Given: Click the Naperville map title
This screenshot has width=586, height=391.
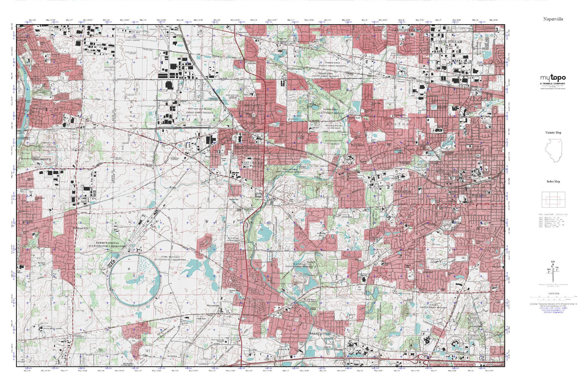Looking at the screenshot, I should click(553, 19).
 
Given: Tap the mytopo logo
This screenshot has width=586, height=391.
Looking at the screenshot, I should click(553, 78).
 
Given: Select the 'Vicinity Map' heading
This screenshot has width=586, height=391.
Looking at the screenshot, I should click(553, 133).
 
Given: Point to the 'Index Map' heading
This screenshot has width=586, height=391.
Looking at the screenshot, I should click(553, 181).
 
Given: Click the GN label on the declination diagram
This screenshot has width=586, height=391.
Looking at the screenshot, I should click(552, 262).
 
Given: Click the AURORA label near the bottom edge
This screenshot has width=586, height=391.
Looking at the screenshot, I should click(172, 356).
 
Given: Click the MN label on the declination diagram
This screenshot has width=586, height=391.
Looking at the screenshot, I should click(548, 269).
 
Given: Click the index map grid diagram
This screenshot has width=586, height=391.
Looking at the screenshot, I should click(553, 200).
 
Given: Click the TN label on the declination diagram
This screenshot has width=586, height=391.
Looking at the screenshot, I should click(557, 268).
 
